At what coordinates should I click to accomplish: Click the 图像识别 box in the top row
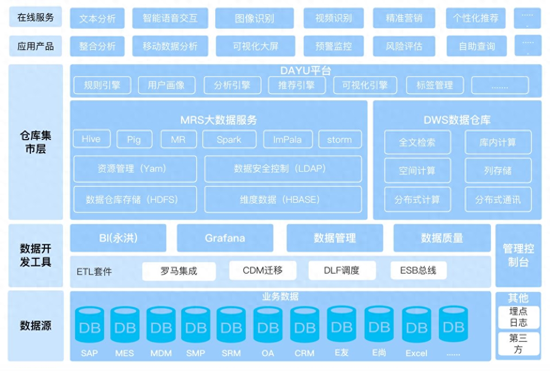[x=254, y=18]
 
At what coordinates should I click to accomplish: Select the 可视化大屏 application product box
[x=256, y=46]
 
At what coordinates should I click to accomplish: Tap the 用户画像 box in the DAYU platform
[x=167, y=85]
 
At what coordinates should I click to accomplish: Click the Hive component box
[x=92, y=139]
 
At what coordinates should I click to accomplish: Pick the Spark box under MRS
[x=229, y=139]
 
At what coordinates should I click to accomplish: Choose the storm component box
[x=340, y=139]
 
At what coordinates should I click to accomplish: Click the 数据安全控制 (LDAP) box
[x=283, y=169]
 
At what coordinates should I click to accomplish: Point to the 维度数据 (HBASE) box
[x=283, y=199]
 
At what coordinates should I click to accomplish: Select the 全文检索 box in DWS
[x=418, y=142]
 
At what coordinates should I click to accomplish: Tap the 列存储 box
[x=498, y=170]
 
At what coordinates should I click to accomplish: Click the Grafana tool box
[x=225, y=238]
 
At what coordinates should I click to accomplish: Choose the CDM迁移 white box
[x=263, y=271]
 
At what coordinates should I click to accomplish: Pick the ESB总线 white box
[x=418, y=270]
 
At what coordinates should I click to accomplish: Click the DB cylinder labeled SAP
[x=89, y=325]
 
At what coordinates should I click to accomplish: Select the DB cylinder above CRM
[x=305, y=325]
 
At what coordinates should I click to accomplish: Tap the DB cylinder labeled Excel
[x=416, y=325]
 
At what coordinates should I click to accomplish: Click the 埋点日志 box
[x=519, y=317]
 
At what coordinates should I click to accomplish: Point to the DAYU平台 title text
[x=306, y=71]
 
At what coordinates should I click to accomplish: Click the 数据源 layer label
[x=35, y=325]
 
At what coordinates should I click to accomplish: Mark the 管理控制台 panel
[x=518, y=255]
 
